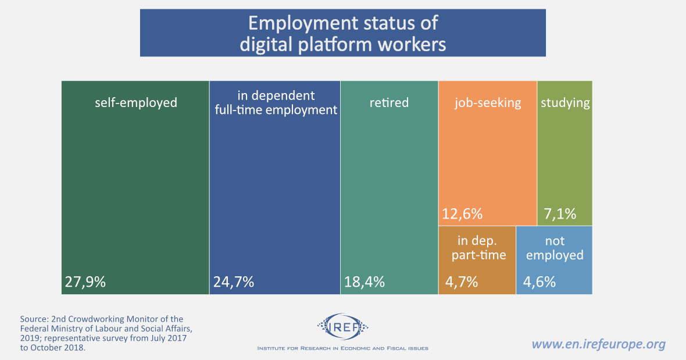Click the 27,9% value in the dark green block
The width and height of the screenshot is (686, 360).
point(85,282)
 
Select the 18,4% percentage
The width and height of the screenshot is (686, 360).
point(364,282)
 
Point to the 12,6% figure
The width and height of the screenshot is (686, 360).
point(462,213)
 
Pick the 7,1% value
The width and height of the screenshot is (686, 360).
point(560,213)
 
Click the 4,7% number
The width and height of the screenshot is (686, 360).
point(462,282)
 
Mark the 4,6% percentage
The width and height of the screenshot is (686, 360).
point(539,282)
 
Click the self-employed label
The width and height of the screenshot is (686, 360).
point(135,103)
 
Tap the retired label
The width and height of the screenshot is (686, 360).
point(389,103)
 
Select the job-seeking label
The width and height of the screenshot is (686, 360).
point(488,103)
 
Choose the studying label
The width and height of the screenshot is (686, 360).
point(565,103)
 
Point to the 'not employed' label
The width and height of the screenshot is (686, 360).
point(555,248)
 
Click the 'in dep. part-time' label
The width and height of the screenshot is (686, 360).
point(477,248)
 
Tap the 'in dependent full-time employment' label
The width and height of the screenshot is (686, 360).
point(276,102)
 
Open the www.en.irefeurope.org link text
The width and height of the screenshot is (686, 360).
point(598,344)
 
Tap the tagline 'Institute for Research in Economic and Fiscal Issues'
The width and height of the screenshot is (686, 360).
point(342,348)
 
